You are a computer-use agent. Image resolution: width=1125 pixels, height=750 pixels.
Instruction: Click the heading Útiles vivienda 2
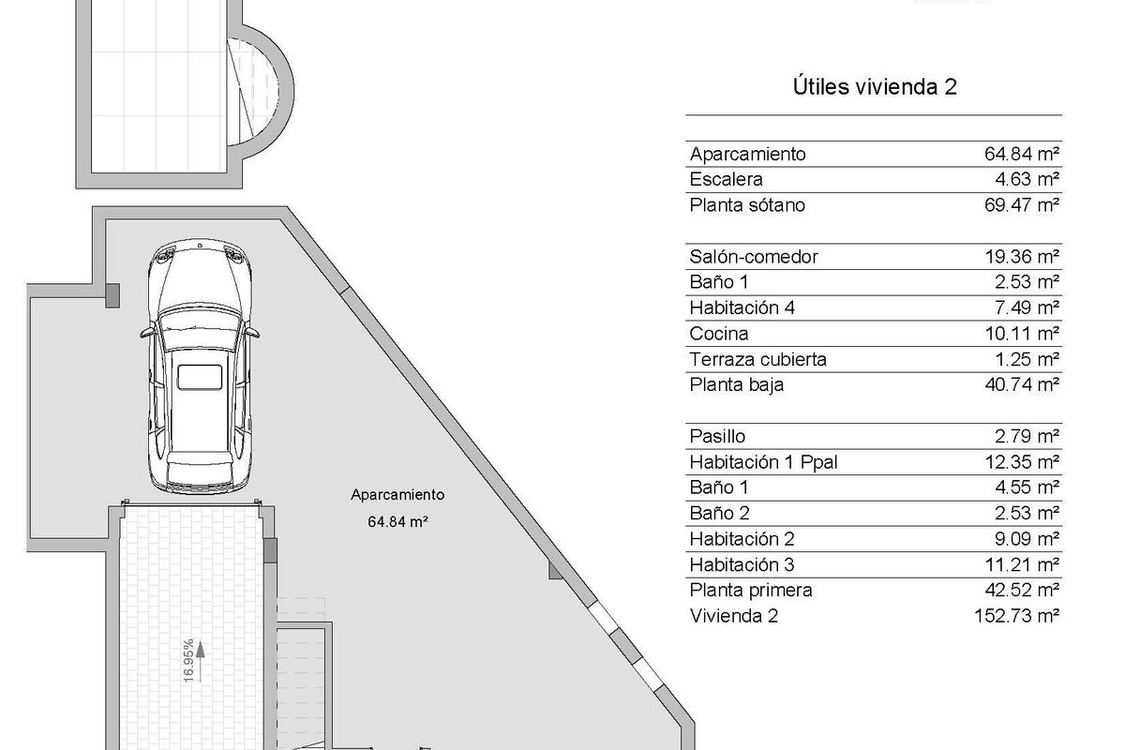pyautogui.click(x=874, y=87)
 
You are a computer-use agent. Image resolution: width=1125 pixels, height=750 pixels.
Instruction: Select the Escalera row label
pyautogui.click(x=726, y=179)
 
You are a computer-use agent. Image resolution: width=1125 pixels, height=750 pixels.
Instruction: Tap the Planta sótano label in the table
pyautogui.click(x=747, y=205)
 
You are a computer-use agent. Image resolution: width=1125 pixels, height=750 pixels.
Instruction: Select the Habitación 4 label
pyautogui.click(x=742, y=307)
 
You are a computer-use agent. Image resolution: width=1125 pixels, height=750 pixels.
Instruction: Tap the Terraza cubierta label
pyautogui.click(x=757, y=359)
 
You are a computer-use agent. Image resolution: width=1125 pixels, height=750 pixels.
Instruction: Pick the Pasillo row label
pyautogui.click(x=717, y=436)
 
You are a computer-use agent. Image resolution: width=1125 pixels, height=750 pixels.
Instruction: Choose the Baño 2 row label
pyautogui.click(x=719, y=513)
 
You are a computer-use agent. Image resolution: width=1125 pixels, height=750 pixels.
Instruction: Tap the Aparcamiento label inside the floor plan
pyautogui.click(x=397, y=495)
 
